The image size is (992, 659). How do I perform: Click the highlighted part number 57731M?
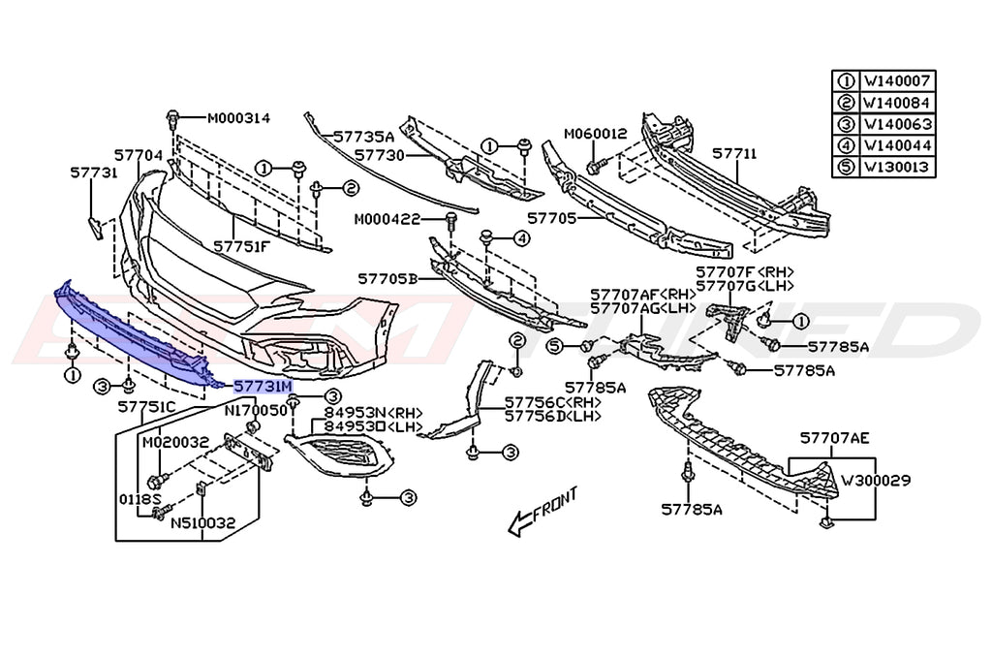263,386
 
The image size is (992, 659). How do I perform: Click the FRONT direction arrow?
543,510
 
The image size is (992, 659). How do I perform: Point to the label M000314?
238,118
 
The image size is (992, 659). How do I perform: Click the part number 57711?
734,153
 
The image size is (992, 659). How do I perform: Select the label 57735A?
363,137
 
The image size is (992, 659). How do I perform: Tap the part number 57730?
379,154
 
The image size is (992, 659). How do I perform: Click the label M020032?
175,442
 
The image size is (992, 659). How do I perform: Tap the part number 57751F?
242,246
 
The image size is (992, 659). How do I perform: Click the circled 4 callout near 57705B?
520,236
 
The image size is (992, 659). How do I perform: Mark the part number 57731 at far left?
93,173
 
